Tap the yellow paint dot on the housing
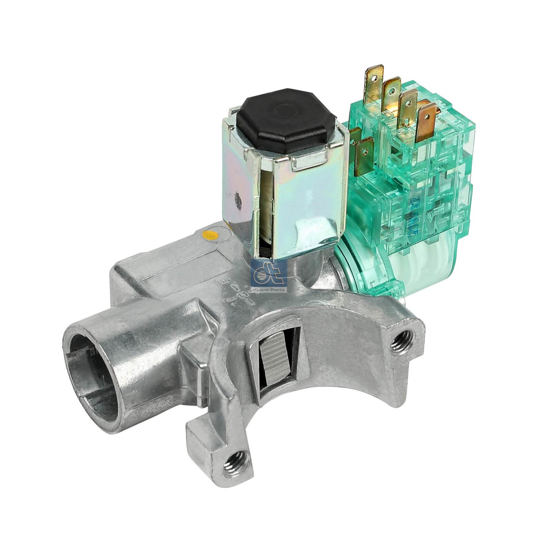210,236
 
